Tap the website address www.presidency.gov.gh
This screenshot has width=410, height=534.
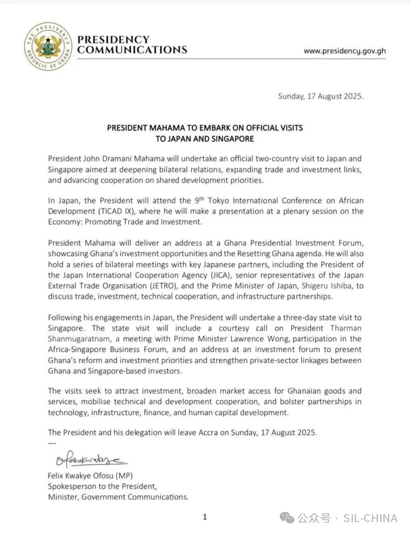point(344,51)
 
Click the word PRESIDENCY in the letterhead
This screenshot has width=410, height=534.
point(113,40)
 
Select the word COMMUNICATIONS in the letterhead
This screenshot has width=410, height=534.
point(132,50)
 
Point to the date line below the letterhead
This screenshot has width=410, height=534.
point(320,96)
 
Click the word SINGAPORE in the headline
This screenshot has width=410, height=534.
point(230,139)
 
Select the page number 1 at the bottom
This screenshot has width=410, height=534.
point(205,517)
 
